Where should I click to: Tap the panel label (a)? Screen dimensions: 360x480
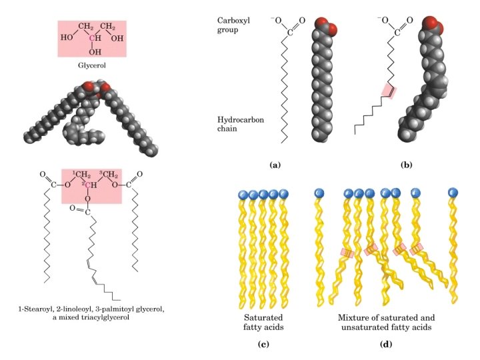coord(273,163)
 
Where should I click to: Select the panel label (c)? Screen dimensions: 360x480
coord(265,345)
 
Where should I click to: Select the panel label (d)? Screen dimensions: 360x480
coord(386,345)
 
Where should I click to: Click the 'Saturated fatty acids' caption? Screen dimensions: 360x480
coord(265,322)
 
